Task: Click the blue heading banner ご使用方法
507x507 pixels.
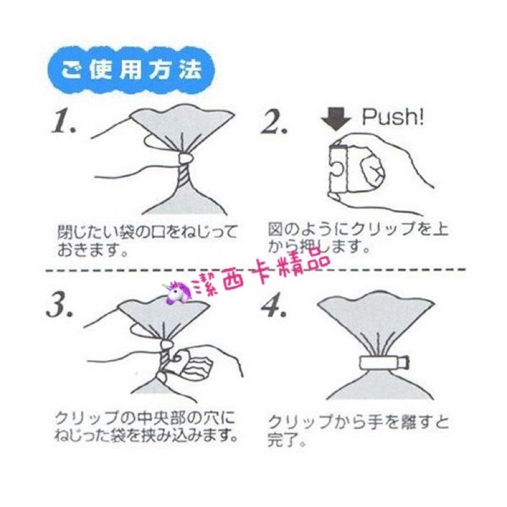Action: (131, 70)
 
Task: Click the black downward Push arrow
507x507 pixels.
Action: (336, 119)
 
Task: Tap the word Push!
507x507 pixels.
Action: (392, 117)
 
